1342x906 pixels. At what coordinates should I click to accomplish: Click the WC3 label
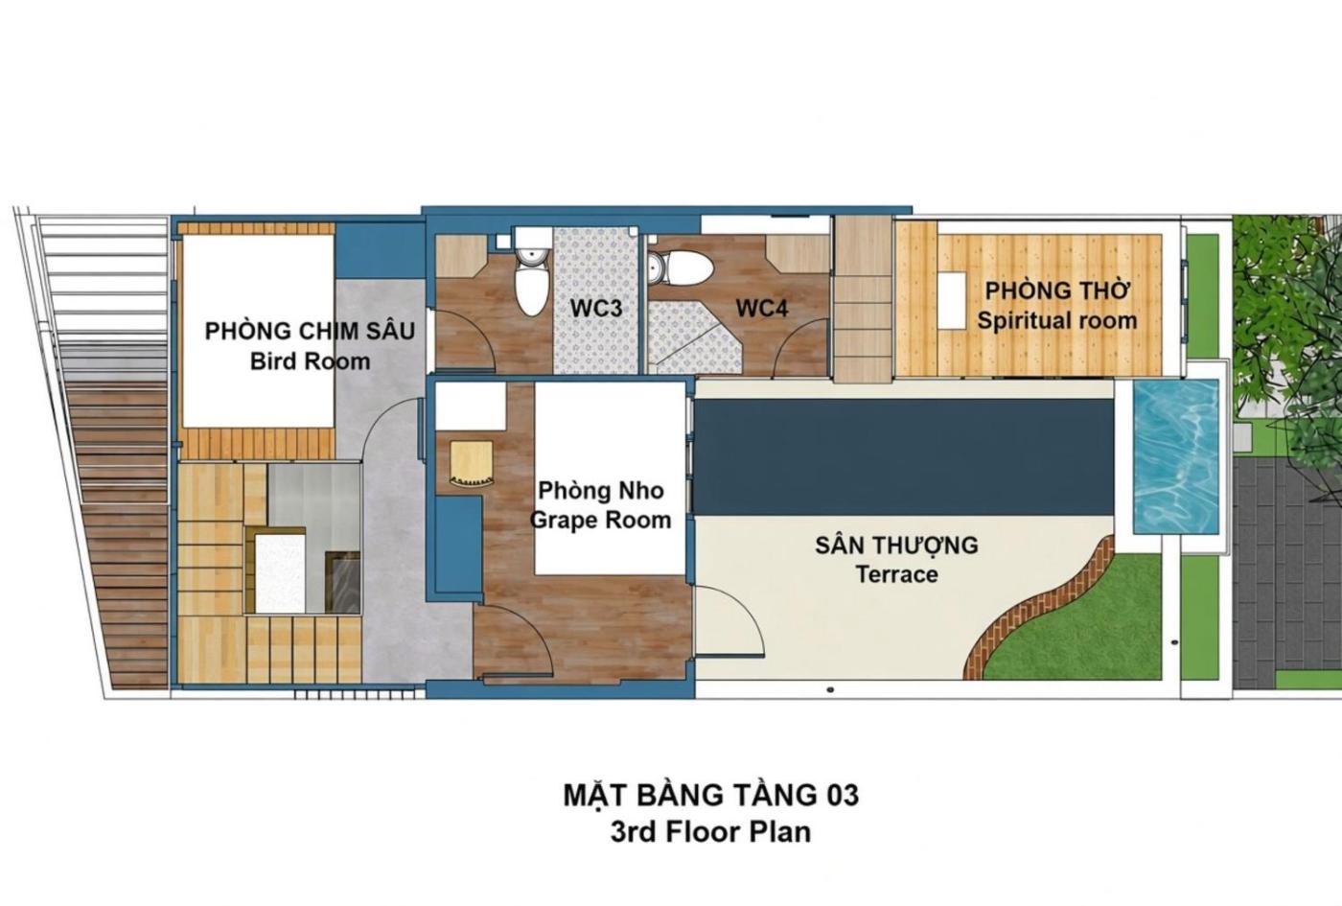pyautogui.click(x=596, y=309)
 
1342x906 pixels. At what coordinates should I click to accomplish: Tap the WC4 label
pyautogui.click(x=762, y=308)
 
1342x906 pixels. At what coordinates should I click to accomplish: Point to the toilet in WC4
pyautogui.click(x=681, y=267)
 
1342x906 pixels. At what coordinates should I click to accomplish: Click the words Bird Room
pyautogui.click(x=310, y=362)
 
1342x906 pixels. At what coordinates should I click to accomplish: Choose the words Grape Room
pyautogui.click(x=600, y=520)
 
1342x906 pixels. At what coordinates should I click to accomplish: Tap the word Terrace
pyautogui.click(x=896, y=574)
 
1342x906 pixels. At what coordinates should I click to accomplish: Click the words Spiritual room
pyautogui.click(x=1057, y=320)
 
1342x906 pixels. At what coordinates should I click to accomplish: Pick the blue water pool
pyautogui.click(x=1176, y=456)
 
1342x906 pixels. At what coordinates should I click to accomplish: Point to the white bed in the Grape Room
pyautogui.click(x=610, y=478)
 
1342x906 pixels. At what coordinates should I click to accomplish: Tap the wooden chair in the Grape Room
pyautogui.click(x=472, y=464)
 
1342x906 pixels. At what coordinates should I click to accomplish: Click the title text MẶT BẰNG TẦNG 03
pyautogui.click(x=711, y=796)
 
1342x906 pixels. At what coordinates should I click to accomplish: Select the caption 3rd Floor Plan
pyautogui.click(x=710, y=833)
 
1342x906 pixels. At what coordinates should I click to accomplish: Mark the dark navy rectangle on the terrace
pyautogui.click(x=903, y=457)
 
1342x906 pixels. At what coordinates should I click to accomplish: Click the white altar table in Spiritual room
pyautogui.click(x=951, y=300)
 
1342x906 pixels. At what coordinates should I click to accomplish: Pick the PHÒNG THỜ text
pyautogui.click(x=1058, y=291)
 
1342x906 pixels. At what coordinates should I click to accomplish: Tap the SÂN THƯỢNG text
pyautogui.click(x=896, y=546)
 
